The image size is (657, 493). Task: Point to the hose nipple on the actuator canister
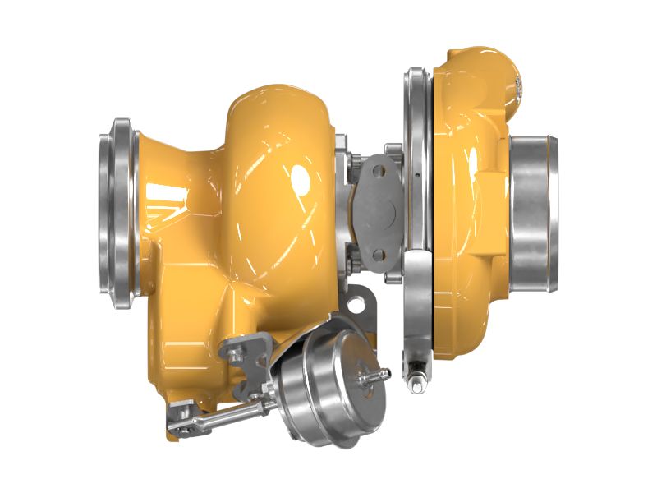click(379, 376)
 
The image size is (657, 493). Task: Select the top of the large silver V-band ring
click(417, 74)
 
